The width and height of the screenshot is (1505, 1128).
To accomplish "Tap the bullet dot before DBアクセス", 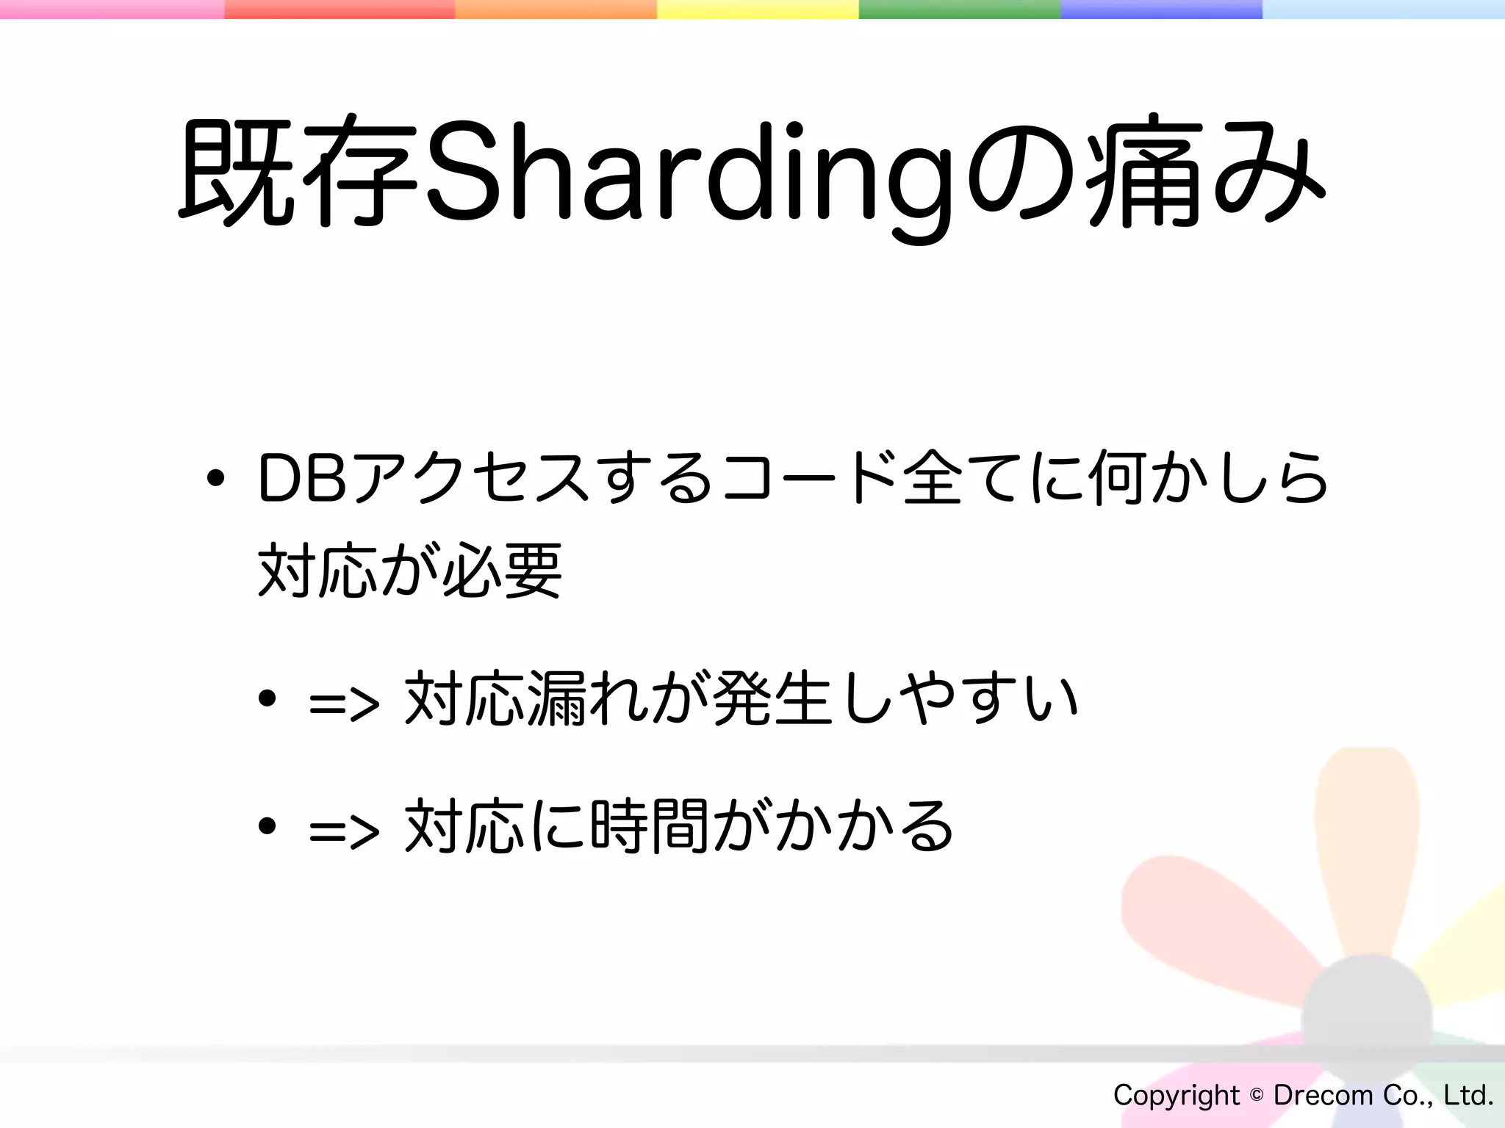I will tap(215, 480).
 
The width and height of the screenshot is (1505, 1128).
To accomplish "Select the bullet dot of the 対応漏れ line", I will tap(267, 698).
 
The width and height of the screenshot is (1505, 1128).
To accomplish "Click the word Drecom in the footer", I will tap(1323, 1095).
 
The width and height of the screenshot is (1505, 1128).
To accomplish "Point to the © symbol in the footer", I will tap(1257, 1095).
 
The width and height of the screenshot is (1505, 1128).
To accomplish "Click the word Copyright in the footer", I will tap(1176, 1095).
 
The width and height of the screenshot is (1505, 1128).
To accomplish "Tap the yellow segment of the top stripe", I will tap(757, 9).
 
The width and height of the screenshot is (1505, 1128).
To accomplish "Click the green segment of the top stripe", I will tap(959, 9).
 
